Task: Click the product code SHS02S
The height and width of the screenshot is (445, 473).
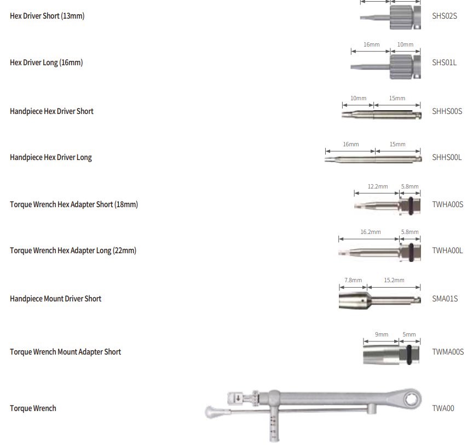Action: tap(445, 16)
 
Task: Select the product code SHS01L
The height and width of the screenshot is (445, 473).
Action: tap(444, 62)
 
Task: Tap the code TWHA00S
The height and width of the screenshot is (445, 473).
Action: tap(447, 204)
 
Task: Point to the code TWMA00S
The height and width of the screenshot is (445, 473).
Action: tap(448, 352)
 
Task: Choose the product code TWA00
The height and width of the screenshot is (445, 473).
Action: tap(443, 408)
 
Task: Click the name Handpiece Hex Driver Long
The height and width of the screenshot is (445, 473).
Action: tap(51, 157)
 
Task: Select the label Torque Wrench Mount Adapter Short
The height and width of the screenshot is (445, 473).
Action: tap(65, 352)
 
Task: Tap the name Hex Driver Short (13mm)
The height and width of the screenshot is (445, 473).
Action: tap(47, 16)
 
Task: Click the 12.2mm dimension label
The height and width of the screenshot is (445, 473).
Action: tap(378, 186)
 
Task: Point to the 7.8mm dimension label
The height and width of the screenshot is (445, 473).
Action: tap(353, 280)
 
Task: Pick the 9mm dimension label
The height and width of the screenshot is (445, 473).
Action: tap(382, 334)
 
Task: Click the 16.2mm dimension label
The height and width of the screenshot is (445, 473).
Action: tap(371, 232)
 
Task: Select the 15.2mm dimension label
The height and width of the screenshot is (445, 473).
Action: tap(394, 280)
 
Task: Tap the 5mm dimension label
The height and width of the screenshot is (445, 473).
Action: tap(409, 334)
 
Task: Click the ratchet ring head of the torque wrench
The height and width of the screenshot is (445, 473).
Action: tap(411, 400)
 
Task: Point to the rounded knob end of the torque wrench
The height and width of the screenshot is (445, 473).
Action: tap(212, 412)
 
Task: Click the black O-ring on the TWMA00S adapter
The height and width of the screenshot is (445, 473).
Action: tap(409, 355)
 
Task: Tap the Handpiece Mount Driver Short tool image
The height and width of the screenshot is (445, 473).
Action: tap(380, 300)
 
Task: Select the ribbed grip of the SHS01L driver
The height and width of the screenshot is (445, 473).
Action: tap(401, 67)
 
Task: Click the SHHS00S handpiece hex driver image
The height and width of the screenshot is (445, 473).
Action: tap(382, 115)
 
